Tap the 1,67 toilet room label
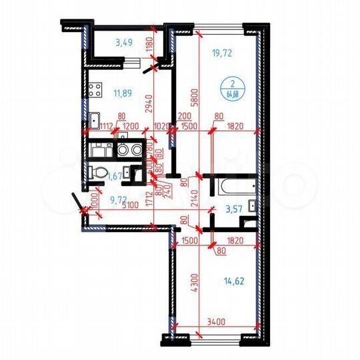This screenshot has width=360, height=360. (114, 176)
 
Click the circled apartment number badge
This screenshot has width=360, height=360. (233, 89)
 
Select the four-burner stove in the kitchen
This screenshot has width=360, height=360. (93, 89)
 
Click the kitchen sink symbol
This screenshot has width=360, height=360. (95, 121)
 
